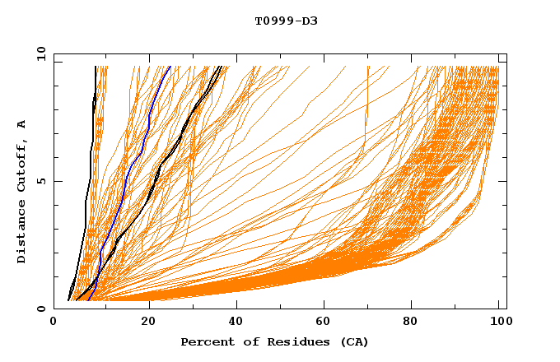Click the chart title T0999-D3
point(286,21)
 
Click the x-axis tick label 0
point(54,322)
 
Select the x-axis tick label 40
point(237,322)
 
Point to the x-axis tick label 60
point(327,322)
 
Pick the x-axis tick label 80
point(416,322)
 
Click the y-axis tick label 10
point(40,54)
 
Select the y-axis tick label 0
point(41,309)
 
